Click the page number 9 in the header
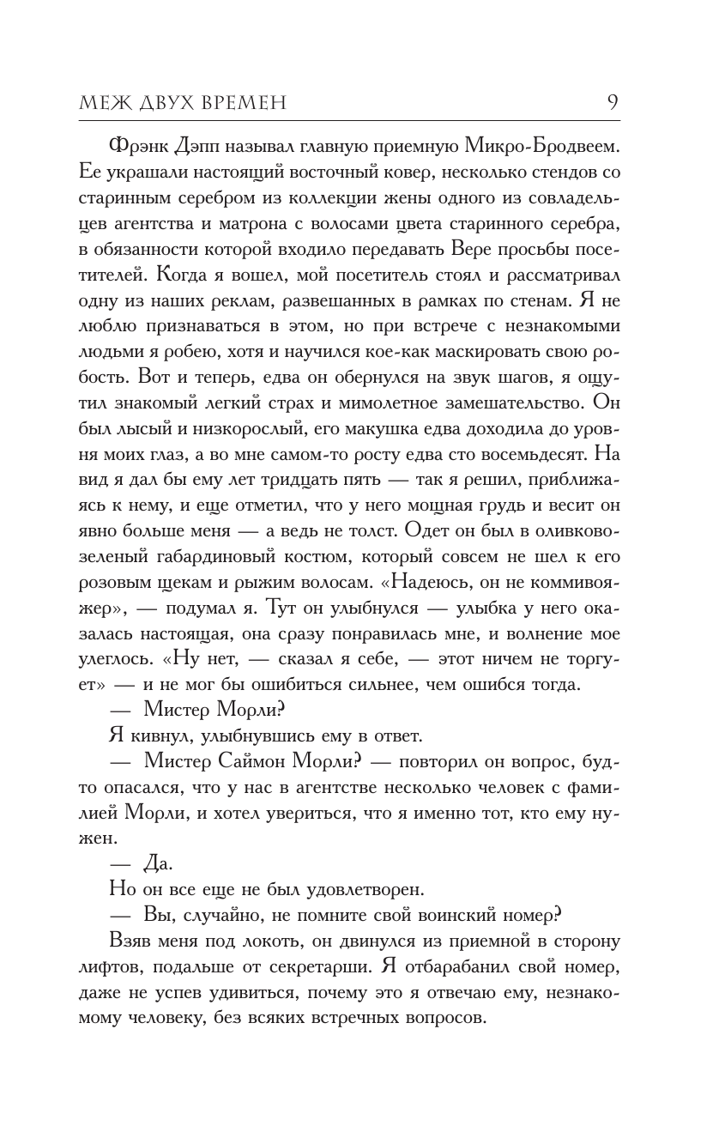[613, 102]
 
